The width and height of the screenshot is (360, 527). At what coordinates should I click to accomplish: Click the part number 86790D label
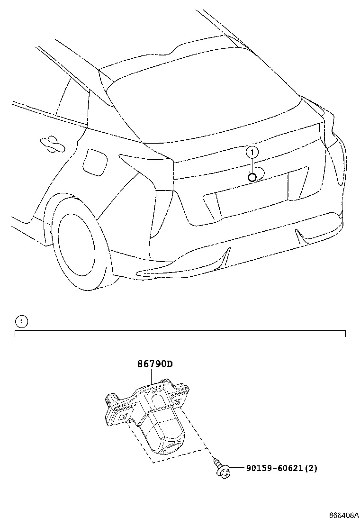click(155, 364)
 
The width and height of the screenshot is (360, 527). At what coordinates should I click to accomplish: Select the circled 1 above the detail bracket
click(21, 322)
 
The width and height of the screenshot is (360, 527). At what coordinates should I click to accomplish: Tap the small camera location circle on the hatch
click(252, 177)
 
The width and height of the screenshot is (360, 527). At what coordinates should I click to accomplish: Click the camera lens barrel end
click(172, 447)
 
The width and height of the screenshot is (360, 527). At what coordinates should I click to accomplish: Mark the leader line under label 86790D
click(152, 376)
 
